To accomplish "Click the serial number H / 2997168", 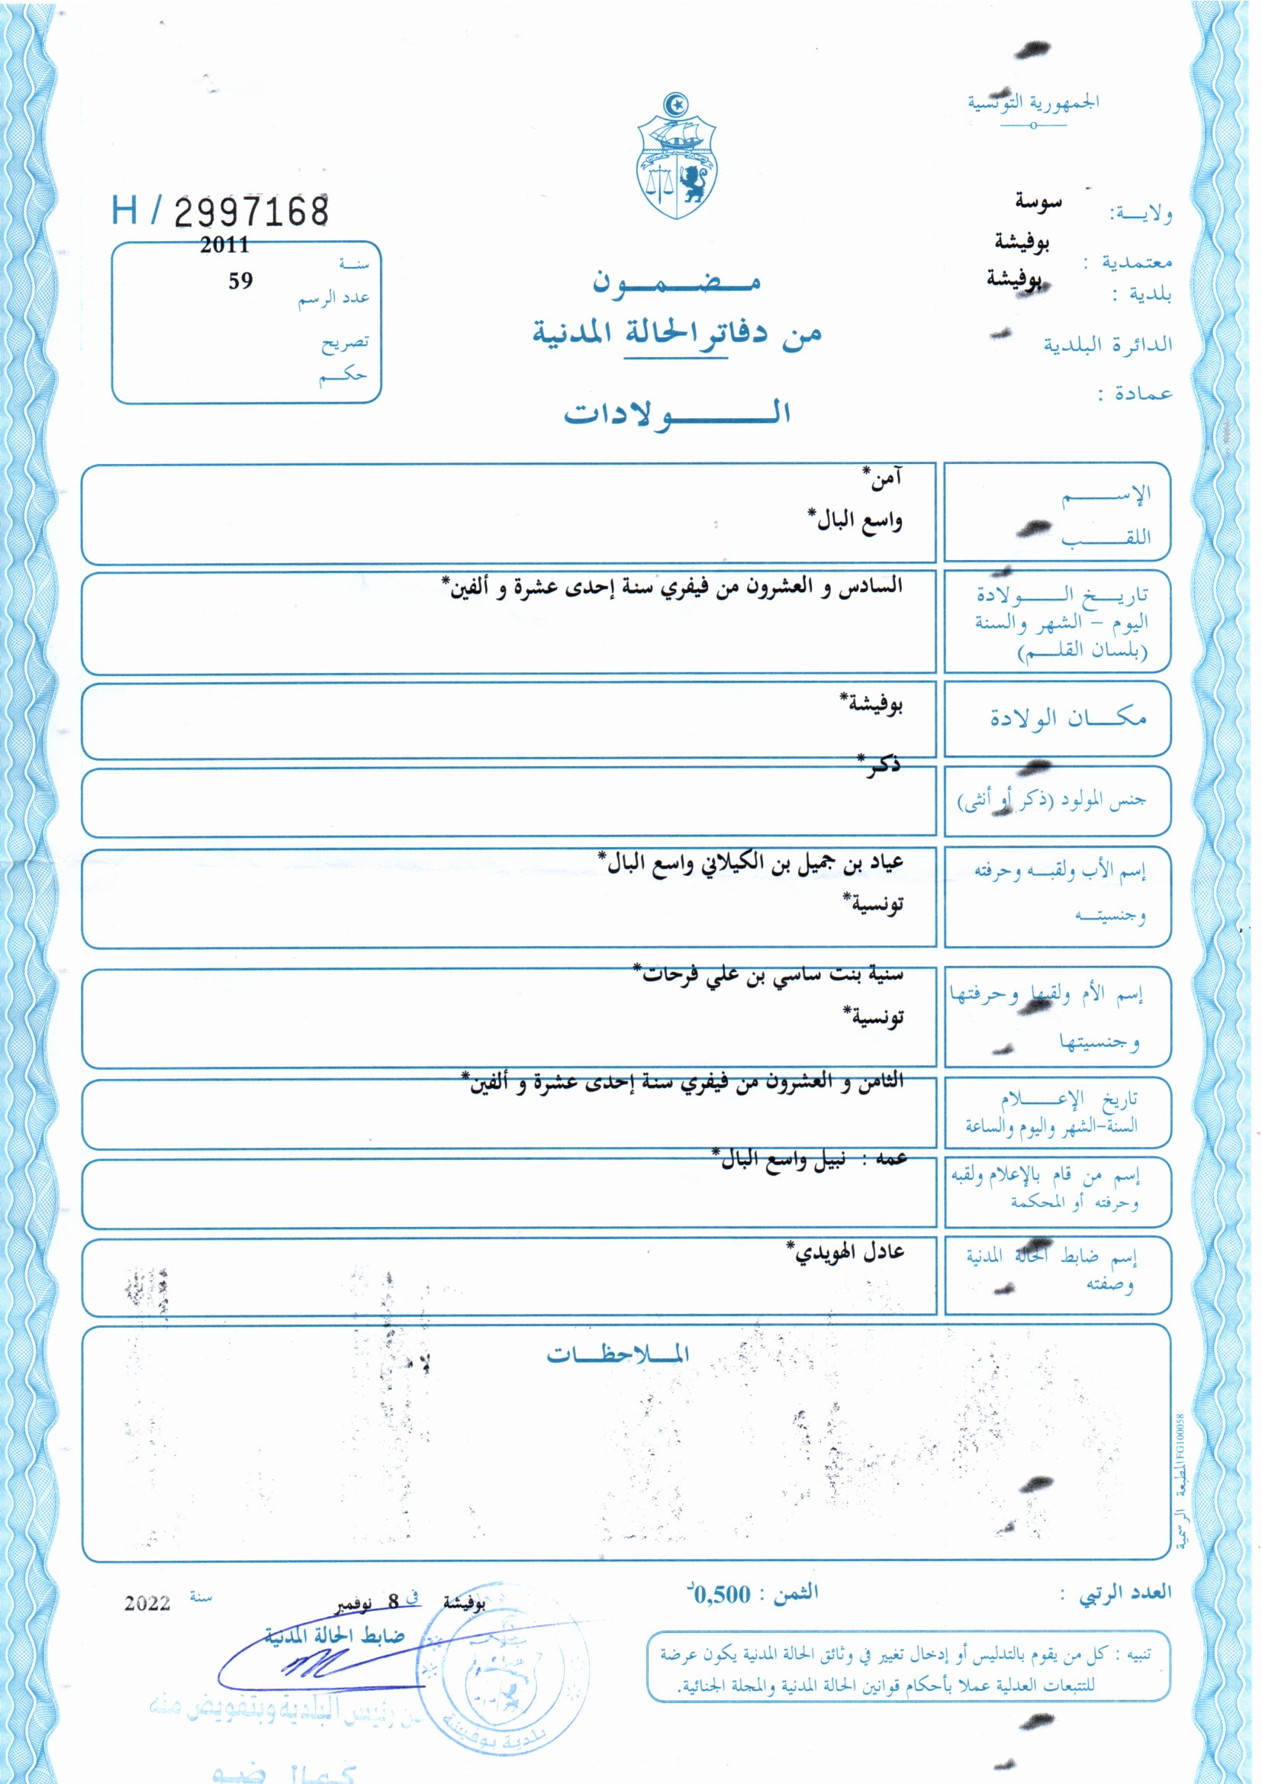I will (x=220, y=211).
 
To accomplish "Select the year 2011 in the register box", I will (x=224, y=245).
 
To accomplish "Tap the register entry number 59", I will (x=240, y=282).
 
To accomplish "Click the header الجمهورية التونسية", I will (x=1033, y=102).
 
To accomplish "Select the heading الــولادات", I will (x=677, y=413).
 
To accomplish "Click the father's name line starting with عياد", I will (x=750, y=863).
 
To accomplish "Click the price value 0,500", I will (x=722, y=1595).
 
